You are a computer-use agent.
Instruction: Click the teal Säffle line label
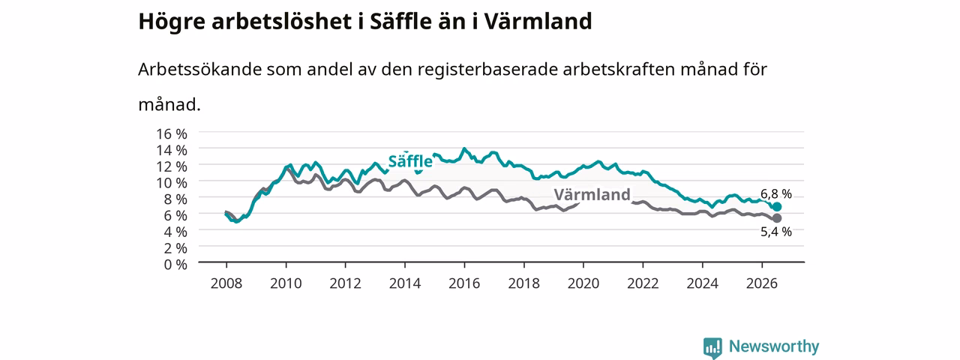pyautogui.click(x=410, y=161)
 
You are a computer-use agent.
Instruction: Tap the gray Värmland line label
pyautogui.click(x=592, y=194)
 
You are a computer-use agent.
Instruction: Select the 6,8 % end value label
pyautogui.click(x=776, y=193)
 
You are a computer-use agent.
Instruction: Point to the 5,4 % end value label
pyautogui.click(x=776, y=232)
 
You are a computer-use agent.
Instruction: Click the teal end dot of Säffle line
pyautogui.click(x=776, y=207)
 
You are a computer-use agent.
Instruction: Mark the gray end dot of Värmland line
pyautogui.click(x=776, y=218)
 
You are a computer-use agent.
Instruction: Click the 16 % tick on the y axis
pyautogui.click(x=172, y=134)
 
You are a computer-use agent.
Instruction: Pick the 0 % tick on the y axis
pyautogui.click(x=175, y=265)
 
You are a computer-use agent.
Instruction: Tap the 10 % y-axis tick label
pyautogui.click(x=172, y=183)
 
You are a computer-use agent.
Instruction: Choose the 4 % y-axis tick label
pyautogui.click(x=175, y=232)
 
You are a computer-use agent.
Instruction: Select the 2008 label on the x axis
pyautogui.click(x=226, y=283)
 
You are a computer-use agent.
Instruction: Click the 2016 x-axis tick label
pyautogui.click(x=464, y=283)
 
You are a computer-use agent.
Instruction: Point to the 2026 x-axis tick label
pyautogui.click(x=761, y=283)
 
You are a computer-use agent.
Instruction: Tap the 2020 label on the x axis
pyautogui.click(x=583, y=283)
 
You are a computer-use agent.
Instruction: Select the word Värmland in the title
pyautogui.click(x=538, y=21)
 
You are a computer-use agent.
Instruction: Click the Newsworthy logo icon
pyautogui.click(x=712, y=347)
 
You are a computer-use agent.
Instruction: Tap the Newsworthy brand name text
pyautogui.click(x=774, y=346)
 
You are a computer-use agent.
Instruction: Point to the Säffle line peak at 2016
pyautogui.click(x=464, y=148)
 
